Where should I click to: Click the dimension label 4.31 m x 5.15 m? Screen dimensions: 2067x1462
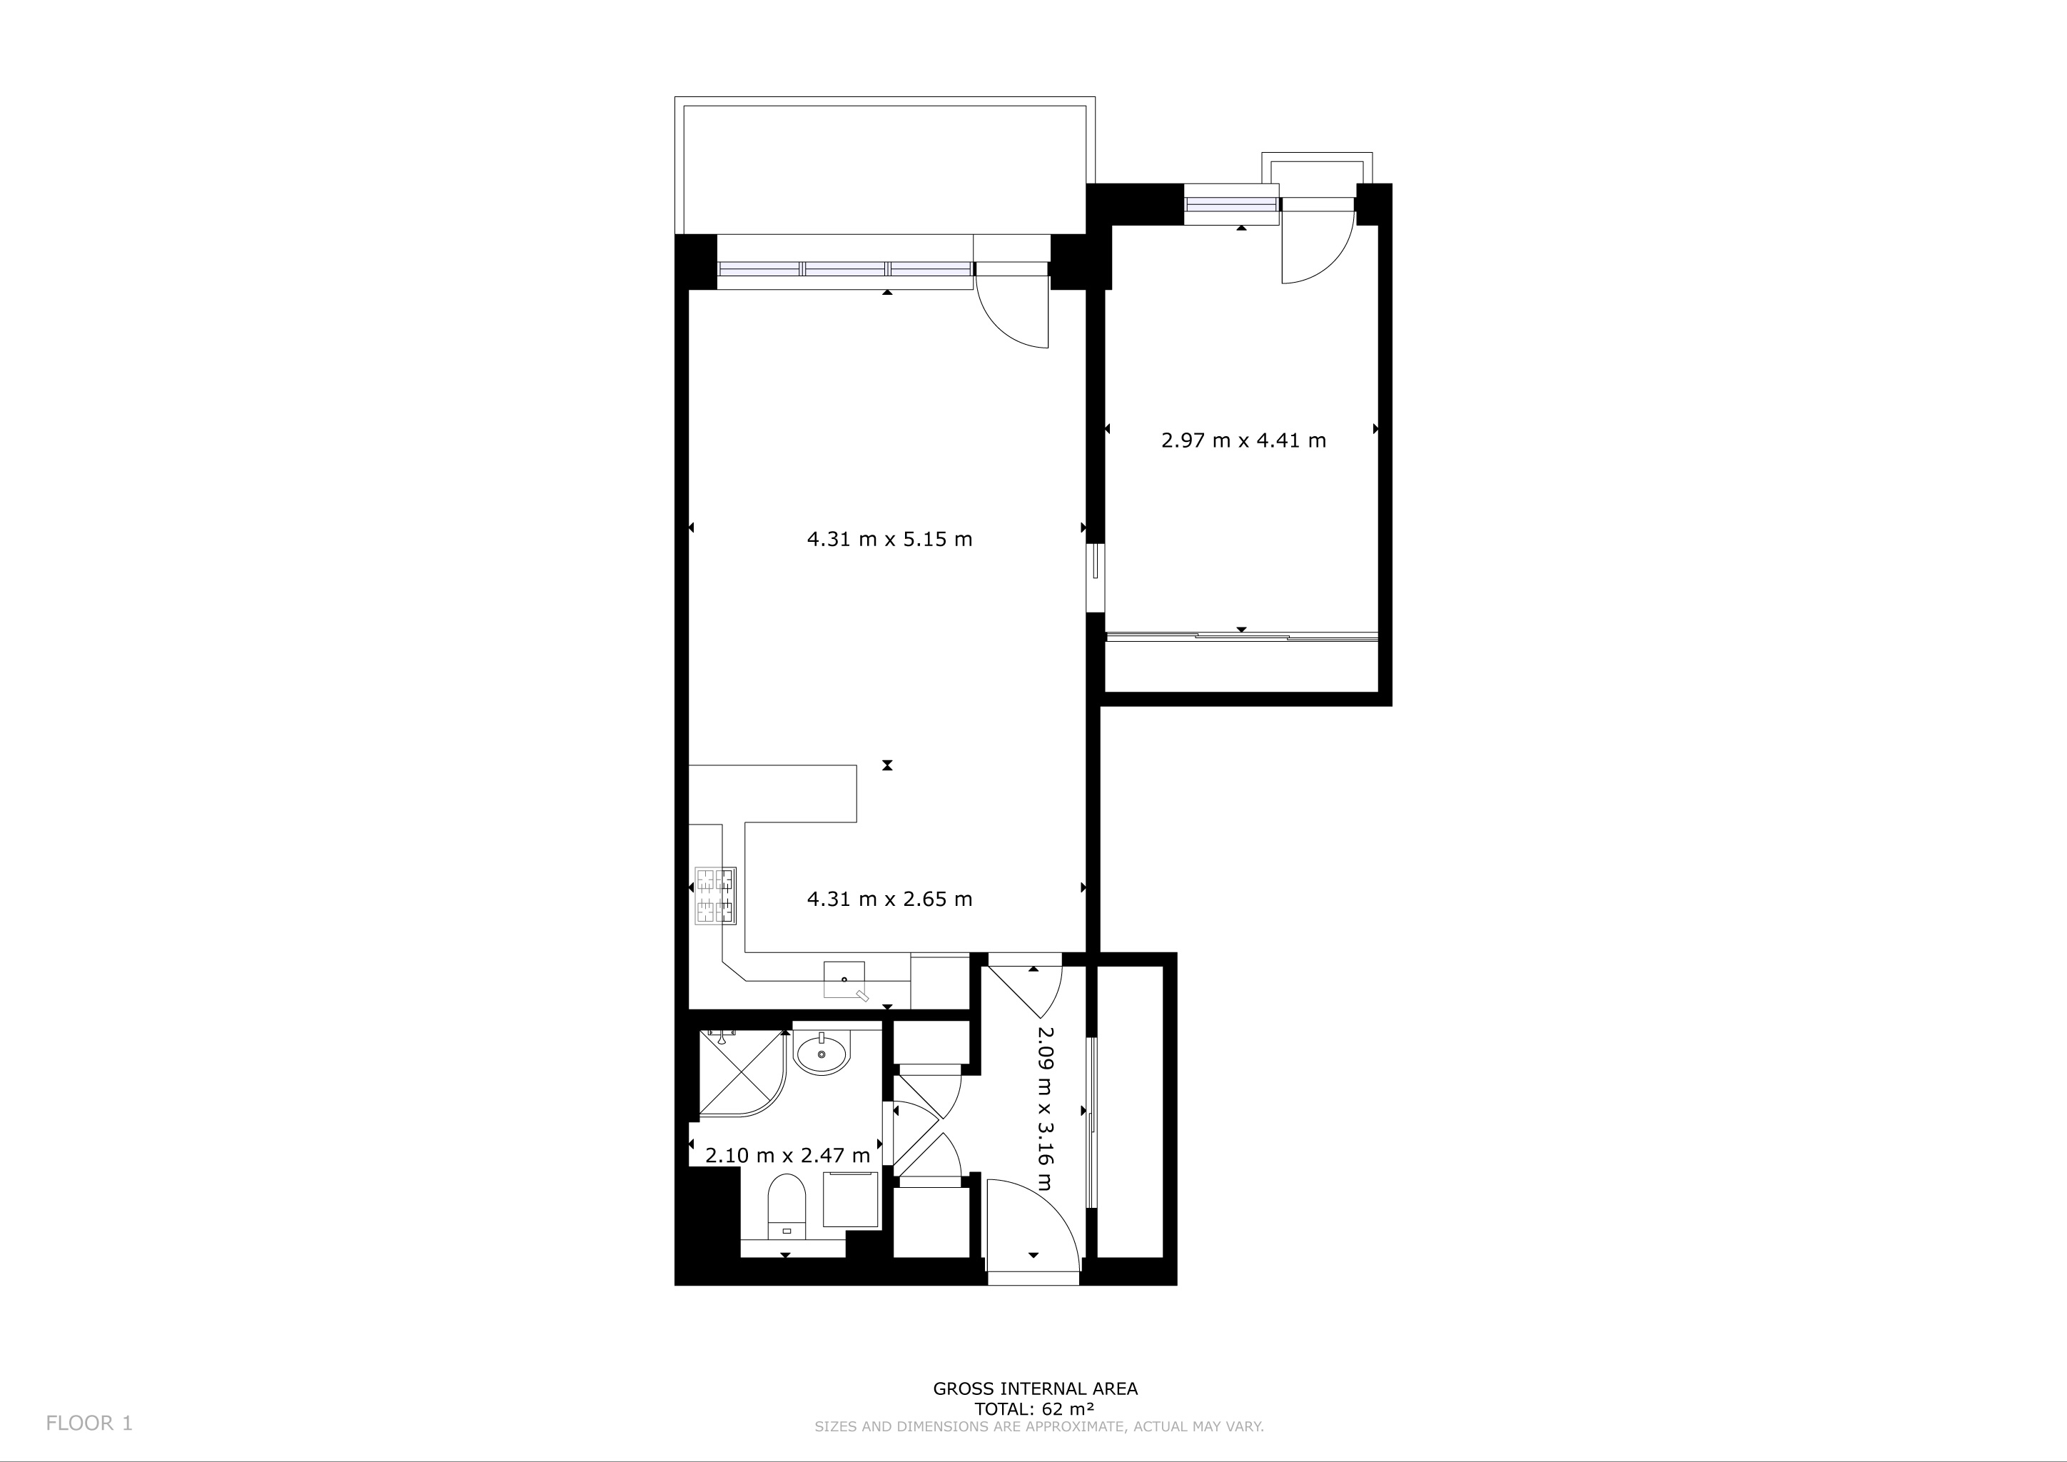pyautogui.click(x=889, y=539)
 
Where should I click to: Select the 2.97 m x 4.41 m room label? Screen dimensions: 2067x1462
pyautogui.click(x=1243, y=440)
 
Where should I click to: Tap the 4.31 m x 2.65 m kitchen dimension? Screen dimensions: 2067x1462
pyautogui.click(x=889, y=899)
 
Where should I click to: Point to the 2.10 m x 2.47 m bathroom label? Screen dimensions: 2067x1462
pyautogui.click(x=788, y=1155)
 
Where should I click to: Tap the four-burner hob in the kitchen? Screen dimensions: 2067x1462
pyautogui.click(x=716, y=896)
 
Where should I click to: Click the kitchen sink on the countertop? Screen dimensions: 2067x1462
pyautogui.click(x=845, y=982)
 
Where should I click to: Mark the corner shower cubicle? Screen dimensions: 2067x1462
pyautogui.click(x=744, y=1074)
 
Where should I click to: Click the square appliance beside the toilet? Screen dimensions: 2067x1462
pyautogui.click(x=851, y=1200)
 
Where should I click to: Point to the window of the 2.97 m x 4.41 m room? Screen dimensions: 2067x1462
pyautogui.click(x=1230, y=204)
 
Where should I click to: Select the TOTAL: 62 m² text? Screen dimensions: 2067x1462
pyautogui.click(x=1034, y=1410)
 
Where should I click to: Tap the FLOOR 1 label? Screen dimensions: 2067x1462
pyautogui.click(x=89, y=1423)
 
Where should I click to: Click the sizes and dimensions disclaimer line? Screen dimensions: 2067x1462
pyautogui.click(x=1039, y=1427)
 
